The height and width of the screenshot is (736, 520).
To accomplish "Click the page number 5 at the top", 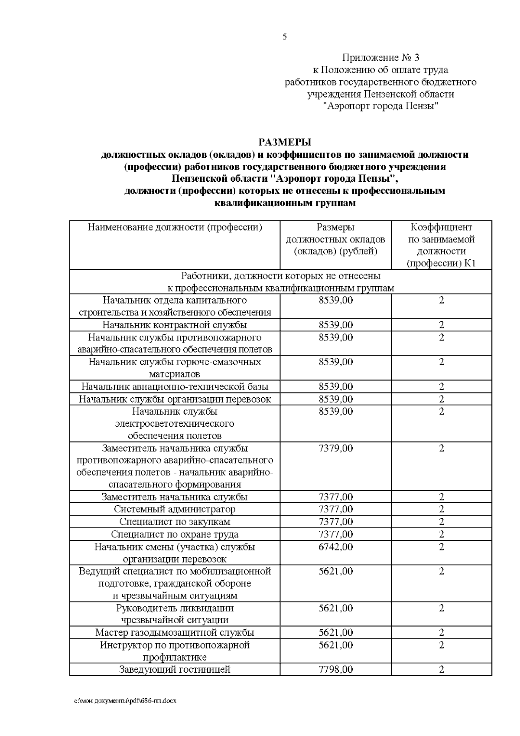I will click(285, 37).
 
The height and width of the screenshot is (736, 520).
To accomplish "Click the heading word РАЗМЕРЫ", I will click(285, 142).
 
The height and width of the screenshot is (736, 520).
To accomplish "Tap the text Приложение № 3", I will click(380, 58).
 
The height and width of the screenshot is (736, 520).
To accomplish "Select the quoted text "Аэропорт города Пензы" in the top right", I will click(380, 106).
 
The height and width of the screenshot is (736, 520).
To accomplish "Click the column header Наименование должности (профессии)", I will click(175, 227).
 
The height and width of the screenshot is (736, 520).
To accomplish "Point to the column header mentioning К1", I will click(441, 245).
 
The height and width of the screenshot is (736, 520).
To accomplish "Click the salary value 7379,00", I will click(335, 448).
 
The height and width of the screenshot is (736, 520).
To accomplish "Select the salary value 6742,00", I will click(335, 547).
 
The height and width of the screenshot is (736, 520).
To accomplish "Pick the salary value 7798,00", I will click(335, 670).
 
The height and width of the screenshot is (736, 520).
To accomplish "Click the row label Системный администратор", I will click(175, 510).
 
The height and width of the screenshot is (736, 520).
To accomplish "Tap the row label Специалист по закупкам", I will click(175, 522).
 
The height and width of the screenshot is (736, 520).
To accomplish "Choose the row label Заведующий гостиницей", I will click(175, 670).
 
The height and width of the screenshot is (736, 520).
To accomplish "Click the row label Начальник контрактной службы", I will click(175, 325).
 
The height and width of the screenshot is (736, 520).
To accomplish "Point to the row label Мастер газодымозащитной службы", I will click(175, 633).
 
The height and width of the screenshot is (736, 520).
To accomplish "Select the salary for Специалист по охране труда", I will click(335, 534).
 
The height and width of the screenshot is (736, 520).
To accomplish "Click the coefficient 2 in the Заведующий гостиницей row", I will click(441, 670).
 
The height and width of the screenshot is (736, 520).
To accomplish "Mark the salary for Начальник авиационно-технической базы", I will click(335, 386).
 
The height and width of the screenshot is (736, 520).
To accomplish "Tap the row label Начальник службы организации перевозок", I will click(175, 399).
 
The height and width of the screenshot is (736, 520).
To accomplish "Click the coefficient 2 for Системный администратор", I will click(441, 510).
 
